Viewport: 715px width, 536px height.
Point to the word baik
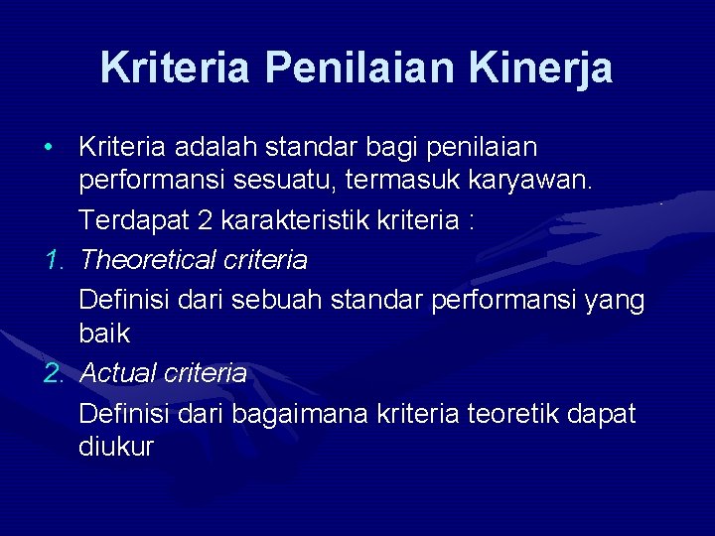pos(104,335)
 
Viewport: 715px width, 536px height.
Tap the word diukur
pos(116,448)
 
